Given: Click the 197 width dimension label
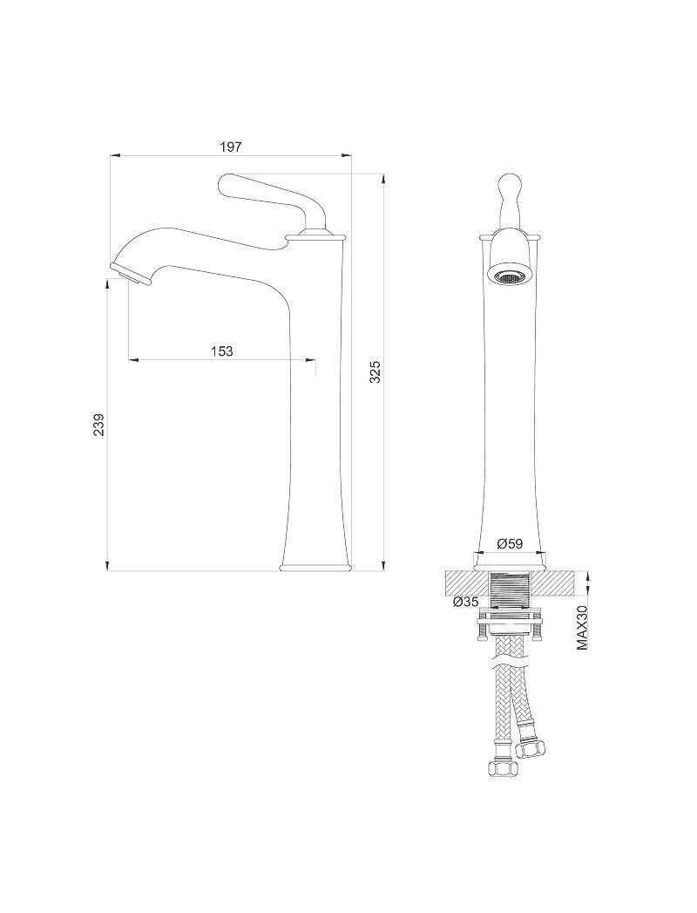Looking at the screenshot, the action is (230, 146).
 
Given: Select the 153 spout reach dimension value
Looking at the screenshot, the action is (221, 351).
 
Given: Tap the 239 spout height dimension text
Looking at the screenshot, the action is (99, 425).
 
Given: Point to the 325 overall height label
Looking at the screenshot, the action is (376, 371).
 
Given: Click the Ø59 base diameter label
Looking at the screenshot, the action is (511, 543).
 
